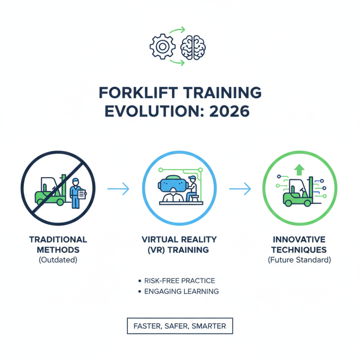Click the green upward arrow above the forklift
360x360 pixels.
[x=299, y=170]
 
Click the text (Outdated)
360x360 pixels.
[x=58, y=260]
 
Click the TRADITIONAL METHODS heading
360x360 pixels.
[x=58, y=244]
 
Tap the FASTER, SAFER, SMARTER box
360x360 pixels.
[x=180, y=326]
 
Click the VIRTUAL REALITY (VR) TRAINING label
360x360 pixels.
[x=179, y=244]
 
